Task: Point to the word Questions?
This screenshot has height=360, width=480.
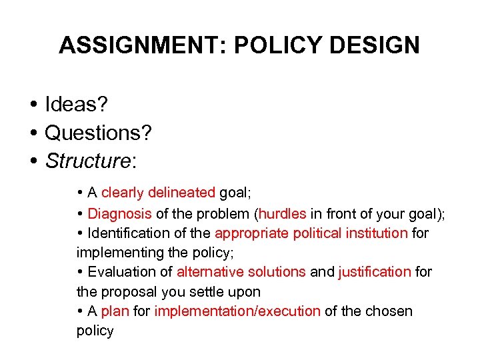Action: click(x=98, y=133)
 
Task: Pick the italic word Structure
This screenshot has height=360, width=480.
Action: click(x=87, y=161)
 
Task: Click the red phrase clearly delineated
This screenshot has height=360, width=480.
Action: click(x=158, y=193)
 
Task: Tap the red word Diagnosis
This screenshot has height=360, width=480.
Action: click(x=120, y=214)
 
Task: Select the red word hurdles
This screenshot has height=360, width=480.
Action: click(x=283, y=214)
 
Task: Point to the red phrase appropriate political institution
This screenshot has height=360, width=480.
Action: click(x=311, y=233)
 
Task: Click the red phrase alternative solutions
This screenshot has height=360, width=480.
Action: click(x=241, y=272)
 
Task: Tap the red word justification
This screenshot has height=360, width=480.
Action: click(x=375, y=272)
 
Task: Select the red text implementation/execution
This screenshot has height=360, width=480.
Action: click(x=237, y=311)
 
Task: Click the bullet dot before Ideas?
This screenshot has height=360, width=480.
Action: click(x=32, y=105)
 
